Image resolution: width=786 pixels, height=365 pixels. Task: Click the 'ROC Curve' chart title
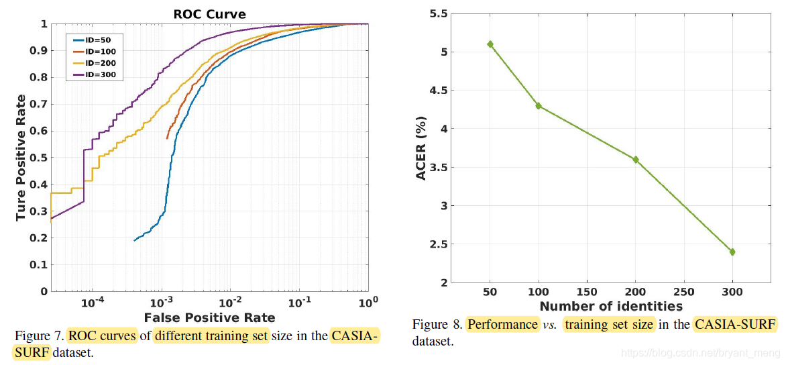point(209,13)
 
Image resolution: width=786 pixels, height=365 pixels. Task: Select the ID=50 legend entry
point(99,40)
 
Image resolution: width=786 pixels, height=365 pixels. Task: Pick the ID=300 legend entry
point(101,75)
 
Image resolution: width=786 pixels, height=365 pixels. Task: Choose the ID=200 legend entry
point(101,64)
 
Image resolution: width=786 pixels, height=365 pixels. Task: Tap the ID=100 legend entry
point(101,52)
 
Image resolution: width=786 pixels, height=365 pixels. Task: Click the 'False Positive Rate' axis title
point(210,317)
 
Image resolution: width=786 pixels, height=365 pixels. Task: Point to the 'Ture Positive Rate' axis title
point(21,158)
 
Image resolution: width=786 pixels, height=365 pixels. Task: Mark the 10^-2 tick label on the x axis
point(230,303)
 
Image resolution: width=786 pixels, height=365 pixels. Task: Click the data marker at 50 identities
point(490,44)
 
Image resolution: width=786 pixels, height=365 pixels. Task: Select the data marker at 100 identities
point(539,106)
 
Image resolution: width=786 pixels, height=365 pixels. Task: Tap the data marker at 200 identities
point(636,160)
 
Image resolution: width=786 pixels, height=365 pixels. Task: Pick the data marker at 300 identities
point(733,252)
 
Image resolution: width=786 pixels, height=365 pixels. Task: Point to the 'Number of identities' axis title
point(611,307)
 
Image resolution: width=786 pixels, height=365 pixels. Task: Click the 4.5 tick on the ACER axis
point(437,91)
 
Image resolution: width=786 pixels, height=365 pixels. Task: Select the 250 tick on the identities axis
point(684,293)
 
